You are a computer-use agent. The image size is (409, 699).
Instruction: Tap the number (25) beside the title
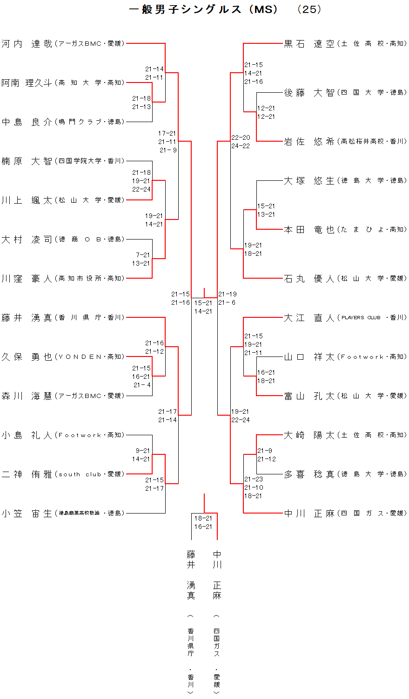(309, 9)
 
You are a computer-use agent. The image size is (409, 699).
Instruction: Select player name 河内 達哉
(27, 44)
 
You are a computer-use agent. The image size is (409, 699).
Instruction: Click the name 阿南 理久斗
(27, 83)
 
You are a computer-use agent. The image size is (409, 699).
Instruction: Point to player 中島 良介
(27, 122)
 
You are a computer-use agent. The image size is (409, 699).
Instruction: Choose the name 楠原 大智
(27, 161)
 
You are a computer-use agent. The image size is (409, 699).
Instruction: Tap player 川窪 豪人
(27, 279)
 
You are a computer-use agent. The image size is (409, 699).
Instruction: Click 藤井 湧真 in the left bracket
(27, 318)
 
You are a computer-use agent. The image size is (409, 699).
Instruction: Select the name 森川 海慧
(27, 396)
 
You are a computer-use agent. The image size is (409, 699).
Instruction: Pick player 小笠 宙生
(27, 514)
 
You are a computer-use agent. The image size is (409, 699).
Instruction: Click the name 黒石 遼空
(309, 44)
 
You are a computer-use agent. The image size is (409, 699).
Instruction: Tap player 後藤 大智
(309, 93)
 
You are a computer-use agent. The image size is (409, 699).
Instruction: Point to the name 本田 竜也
(309, 230)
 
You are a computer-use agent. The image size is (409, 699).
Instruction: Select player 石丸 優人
(309, 279)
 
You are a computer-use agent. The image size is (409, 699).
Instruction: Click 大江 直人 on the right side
(309, 318)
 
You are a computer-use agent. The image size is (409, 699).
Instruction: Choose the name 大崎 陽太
(309, 435)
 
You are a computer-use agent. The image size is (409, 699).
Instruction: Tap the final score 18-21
(203, 518)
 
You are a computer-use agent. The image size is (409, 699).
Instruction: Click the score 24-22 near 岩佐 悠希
(241, 146)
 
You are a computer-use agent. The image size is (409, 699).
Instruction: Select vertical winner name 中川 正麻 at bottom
(217, 575)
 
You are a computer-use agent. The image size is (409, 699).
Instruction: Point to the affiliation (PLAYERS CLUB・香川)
(372, 318)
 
